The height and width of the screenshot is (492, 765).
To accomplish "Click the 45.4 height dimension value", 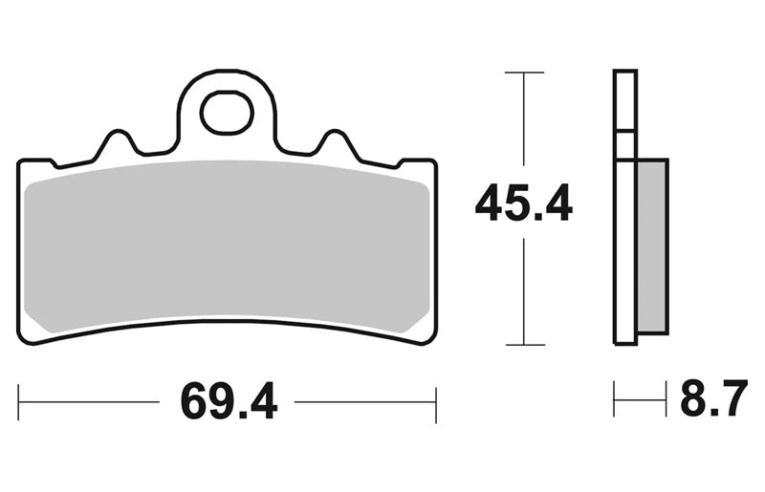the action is coord(523,203).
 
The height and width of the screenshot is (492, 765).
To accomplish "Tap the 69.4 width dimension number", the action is coord(229,402).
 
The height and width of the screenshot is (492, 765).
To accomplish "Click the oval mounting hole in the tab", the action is coord(227,113).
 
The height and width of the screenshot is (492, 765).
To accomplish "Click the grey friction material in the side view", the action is coord(652,246).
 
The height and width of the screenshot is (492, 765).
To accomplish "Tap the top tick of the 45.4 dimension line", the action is coord(524,73).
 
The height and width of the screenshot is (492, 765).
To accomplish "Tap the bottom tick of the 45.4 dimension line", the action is coord(525,345).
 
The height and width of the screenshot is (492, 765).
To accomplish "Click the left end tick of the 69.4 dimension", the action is coord(18,402).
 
